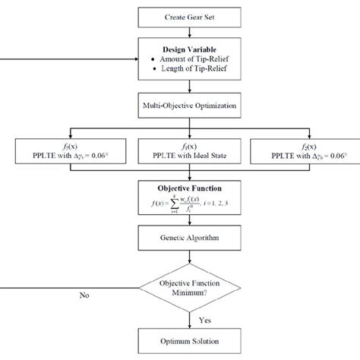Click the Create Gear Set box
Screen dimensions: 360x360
180,15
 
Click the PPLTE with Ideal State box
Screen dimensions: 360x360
180,152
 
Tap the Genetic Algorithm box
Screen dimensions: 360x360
180,239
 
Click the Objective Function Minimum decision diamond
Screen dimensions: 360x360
180,287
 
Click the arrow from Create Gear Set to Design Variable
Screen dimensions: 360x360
180,30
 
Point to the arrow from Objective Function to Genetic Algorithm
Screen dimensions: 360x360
180,221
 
